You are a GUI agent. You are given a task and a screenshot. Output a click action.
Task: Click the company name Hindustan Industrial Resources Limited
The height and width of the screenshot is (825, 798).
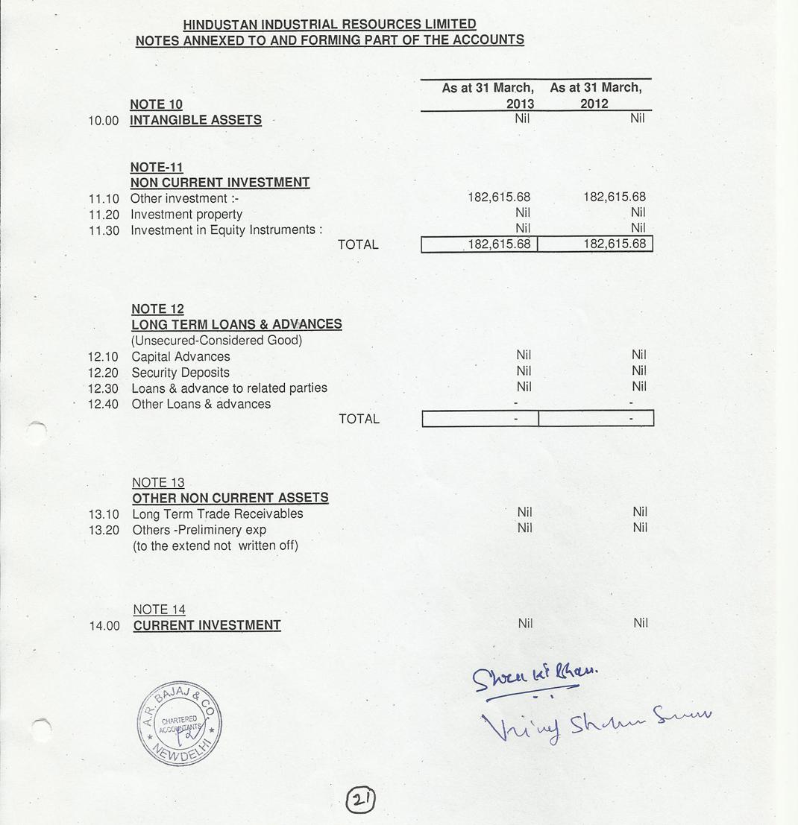(x=329, y=25)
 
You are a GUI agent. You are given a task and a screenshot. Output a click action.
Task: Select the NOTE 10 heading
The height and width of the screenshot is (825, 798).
(x=156, y=104)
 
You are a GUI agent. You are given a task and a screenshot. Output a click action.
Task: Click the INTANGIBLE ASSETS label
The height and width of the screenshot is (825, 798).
(x=195, y=120)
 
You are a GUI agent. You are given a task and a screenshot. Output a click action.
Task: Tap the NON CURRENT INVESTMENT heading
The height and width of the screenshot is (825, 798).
(x=219, y=183)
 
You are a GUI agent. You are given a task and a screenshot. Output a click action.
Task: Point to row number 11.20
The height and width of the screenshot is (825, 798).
(x=104, y=215)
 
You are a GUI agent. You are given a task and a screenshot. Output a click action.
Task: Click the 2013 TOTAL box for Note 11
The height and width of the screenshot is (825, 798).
(x=480, y=244)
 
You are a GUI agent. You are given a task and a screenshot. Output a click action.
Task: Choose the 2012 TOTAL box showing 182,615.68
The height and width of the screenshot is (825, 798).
(x=595, y=244)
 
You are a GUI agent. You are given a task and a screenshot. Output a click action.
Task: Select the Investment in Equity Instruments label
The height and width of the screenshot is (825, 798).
(x=226, y=230)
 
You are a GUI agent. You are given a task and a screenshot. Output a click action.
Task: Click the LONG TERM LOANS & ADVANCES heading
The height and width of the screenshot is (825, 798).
(x=236, y=325)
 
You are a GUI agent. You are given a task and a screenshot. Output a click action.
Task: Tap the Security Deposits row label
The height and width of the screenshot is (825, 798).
(x=180, y=373)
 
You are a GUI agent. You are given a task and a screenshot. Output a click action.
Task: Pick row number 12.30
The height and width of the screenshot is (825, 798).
(x=104, y=388)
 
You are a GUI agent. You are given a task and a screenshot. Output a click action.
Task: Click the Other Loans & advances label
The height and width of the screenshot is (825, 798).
(x=201, y=404)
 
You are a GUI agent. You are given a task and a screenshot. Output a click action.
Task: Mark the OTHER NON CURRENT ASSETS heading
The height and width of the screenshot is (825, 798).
(x=230, y=498)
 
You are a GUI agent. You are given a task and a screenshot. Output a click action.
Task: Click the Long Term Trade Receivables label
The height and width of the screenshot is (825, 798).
(x=217, y=513)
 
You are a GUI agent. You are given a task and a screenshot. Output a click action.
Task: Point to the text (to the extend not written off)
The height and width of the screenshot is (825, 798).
(x=215, y=546)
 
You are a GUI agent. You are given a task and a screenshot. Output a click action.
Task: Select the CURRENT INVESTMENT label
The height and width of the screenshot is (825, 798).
(x=207, y=625)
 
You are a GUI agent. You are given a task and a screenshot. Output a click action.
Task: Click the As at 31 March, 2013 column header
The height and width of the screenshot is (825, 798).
(x=488, y=95)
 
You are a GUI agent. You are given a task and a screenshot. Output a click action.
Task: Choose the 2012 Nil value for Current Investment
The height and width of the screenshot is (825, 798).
(x=640, y=623)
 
